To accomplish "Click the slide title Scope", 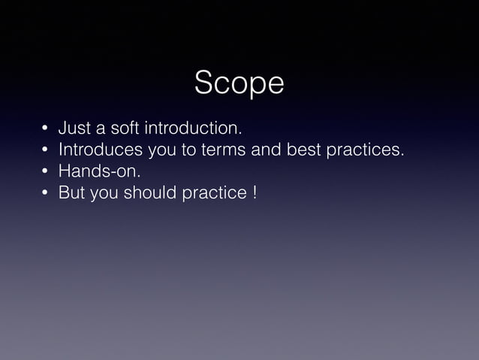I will pyautogui.click(x=239, y=84).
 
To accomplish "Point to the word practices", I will pyautogui.click(x=364, y=150).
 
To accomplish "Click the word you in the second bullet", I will pyautogui.click(x=163, y=151).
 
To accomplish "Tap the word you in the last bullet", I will pyautogui.click(x=103, y=195).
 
